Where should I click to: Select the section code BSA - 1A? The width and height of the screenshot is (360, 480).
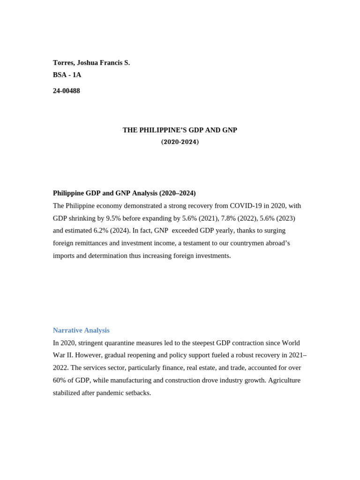[x=67, y=75]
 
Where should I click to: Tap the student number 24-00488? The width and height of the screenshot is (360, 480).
[x=67, y=91]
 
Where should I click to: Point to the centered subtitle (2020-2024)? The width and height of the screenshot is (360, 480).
[x=180, y=142]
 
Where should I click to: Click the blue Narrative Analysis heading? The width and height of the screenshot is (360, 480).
[x=81, y=330]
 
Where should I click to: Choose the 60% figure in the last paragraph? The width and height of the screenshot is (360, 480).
[x=60, y=380]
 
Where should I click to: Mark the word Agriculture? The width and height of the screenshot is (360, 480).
[x=284, y=380]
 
